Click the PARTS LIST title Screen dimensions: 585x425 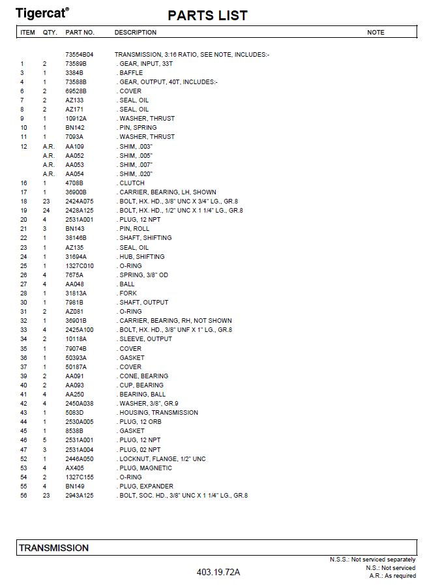point(207,16)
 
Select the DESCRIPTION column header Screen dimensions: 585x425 point(136,33)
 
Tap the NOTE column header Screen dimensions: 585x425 point(375,33)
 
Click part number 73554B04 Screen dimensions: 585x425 point(80,55)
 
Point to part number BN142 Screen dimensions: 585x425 point(75,128)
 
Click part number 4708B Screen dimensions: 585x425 point(74,183)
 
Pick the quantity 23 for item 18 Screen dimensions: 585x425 point(46,202)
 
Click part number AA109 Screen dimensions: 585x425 point(75,147)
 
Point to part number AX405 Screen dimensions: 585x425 point(75,468)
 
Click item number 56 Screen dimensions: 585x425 point(23,496)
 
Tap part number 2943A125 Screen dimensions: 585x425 point(80,496)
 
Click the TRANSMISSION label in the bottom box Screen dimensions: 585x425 point(53,548)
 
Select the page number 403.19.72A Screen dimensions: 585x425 point(218,573)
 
